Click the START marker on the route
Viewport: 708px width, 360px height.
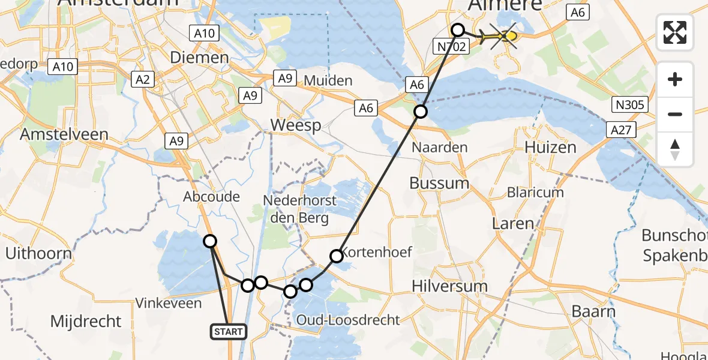(229, 331)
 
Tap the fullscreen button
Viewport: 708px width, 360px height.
(675, 32)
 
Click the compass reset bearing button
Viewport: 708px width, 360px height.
(675, 149)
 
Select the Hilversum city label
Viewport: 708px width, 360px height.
(449, 286)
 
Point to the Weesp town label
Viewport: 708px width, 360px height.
(295, 125)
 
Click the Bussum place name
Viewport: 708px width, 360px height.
(439, 182)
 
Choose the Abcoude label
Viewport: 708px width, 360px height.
(212, 197)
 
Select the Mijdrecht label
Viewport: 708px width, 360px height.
(86, 322)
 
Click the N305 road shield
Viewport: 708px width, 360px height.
(630, 106)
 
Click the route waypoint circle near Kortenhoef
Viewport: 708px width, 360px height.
(337, 256)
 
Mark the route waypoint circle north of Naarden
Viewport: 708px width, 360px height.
(421, 111)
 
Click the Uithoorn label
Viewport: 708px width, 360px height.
(38, 253)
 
